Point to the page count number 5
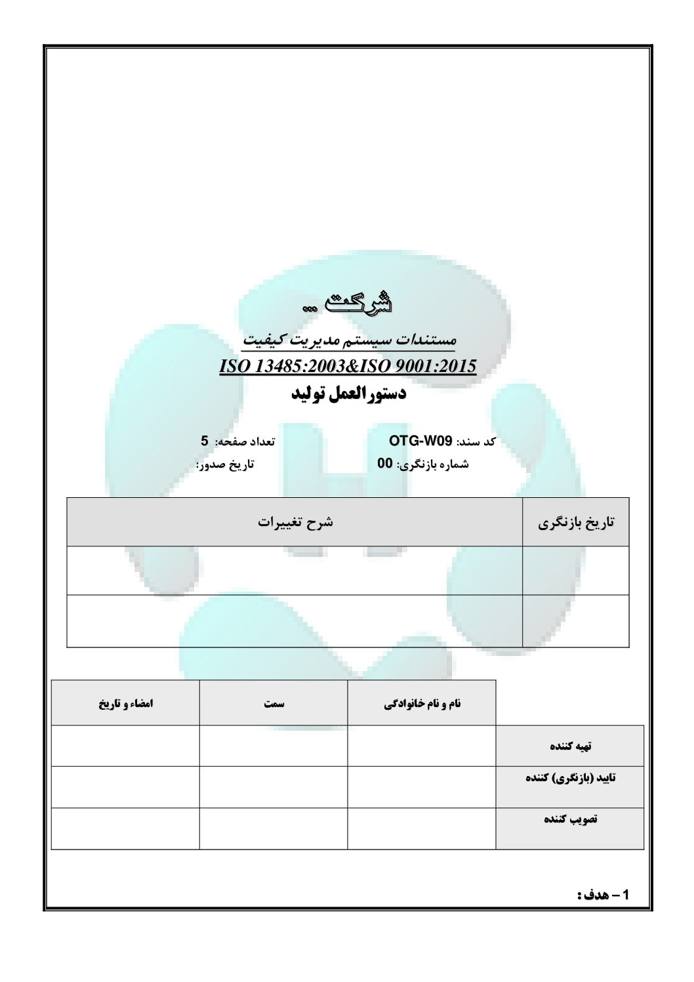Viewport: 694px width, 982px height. coord(204,441)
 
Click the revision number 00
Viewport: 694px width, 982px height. coord(385,464)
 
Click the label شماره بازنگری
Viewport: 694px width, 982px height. coord(434,464)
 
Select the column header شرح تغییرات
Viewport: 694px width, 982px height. coord(295,522)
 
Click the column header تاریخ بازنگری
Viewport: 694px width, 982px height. coord(576,523)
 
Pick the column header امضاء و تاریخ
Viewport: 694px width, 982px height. coord(125,703)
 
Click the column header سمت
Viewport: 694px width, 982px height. coord(274,703)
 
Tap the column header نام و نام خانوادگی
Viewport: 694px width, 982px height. coord(422,703)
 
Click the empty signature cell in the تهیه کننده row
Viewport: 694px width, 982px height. coord(125,746)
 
